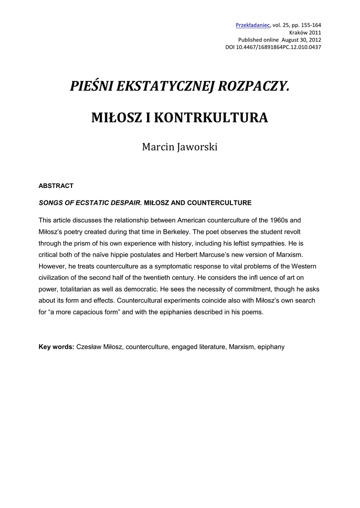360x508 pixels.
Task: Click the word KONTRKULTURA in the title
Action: (x=212, y=118)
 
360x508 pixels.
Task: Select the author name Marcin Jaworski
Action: (x=180, y=147)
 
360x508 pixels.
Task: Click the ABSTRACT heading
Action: (x=56, y=186)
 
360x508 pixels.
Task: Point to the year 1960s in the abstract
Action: (x=282, y=220)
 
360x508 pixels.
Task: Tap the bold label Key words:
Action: (x=57, y=347)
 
